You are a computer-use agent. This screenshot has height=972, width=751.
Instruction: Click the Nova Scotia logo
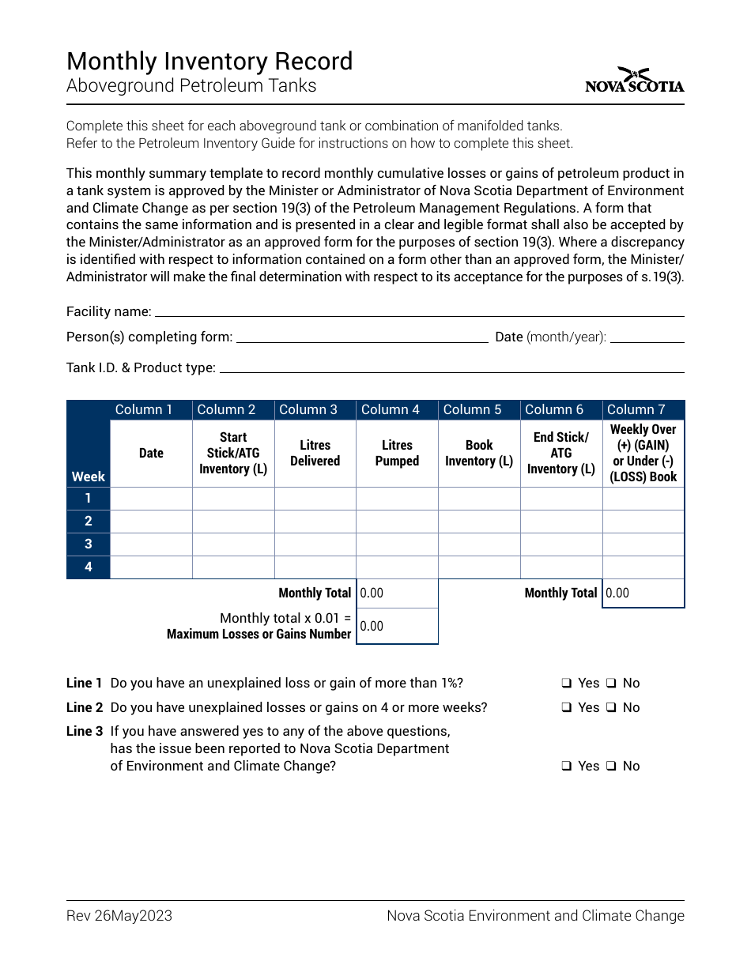634,81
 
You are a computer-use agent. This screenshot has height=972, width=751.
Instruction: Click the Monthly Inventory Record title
209,62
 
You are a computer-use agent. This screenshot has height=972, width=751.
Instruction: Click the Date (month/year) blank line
647,338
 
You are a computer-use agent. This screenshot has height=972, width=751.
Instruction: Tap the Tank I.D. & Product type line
451,368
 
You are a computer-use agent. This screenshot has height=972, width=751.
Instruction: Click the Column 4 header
397,409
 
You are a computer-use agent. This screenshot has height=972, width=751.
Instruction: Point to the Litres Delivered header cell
315,453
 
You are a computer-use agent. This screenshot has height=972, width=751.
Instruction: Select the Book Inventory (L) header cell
479,453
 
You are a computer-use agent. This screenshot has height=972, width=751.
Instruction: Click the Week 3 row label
88,544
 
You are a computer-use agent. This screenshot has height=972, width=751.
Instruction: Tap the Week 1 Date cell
151,498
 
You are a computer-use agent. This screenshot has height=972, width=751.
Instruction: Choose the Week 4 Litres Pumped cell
397,567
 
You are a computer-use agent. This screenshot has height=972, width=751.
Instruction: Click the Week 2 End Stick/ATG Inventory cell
561,521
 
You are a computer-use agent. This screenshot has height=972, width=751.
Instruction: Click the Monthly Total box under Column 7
643,593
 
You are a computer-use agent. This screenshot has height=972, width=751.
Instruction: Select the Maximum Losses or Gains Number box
398,626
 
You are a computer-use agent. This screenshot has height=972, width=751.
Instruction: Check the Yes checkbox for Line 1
567,684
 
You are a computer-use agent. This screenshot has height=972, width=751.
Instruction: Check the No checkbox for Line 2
611,708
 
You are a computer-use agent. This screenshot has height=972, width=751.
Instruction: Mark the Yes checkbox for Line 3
567,767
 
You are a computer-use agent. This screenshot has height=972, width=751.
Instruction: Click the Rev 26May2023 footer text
119,916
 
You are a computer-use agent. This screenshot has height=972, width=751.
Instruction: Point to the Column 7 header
643,409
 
